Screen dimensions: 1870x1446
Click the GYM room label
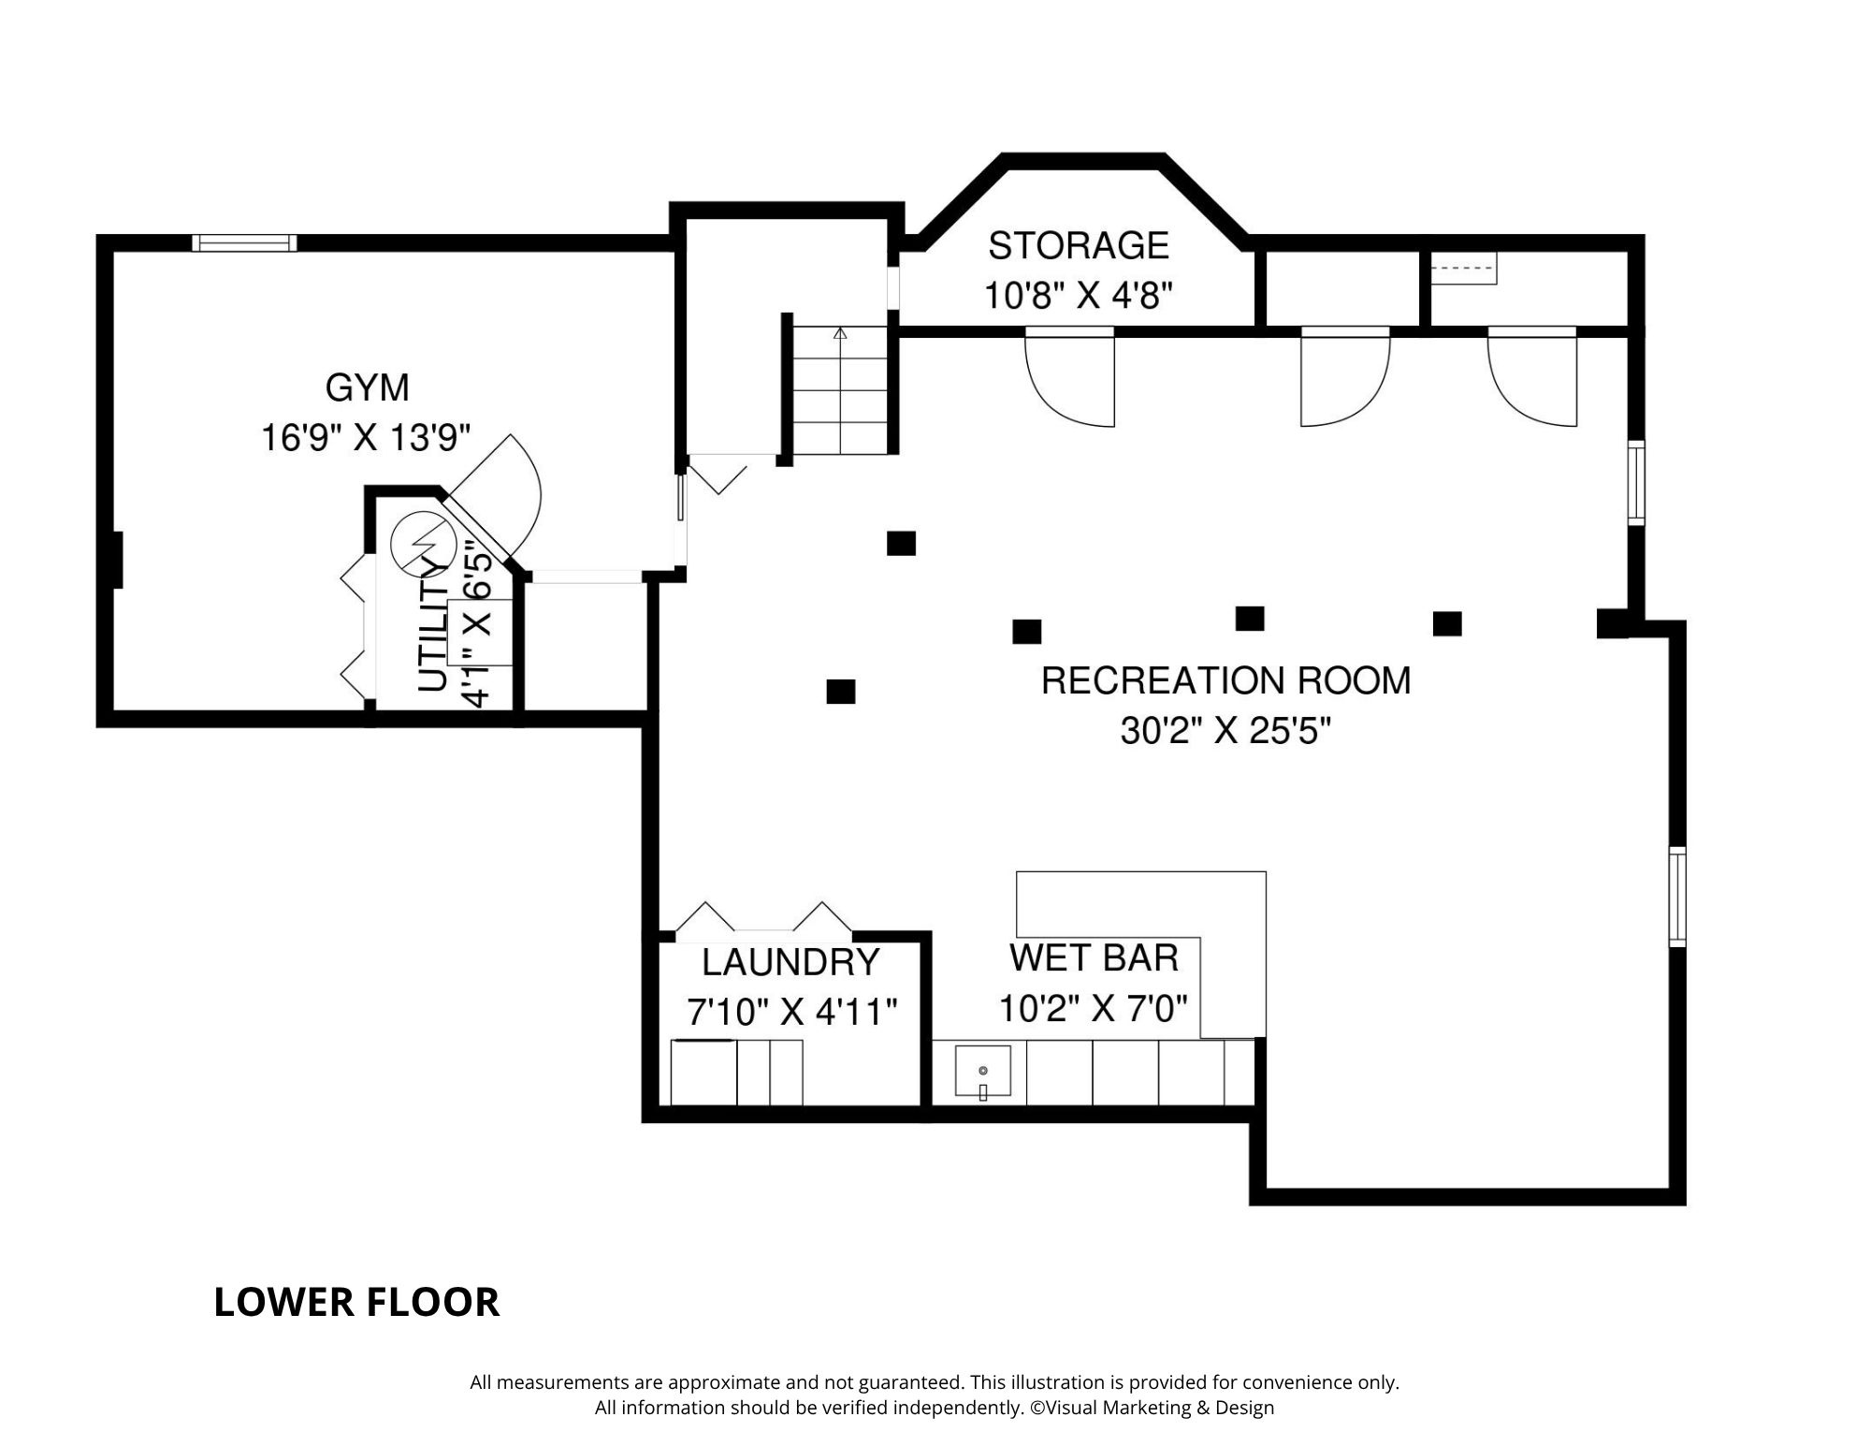(x=367, y=387)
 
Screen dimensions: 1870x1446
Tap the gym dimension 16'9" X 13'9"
(x=366, y=437)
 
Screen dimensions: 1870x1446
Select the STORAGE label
(x=1079, y=246)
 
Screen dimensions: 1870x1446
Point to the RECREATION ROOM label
(x=1225, y=680)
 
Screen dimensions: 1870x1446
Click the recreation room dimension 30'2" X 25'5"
(x=1225, y=730)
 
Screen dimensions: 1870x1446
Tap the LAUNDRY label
(x=790, y=962)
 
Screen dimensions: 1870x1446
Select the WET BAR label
(x=1094, y=958)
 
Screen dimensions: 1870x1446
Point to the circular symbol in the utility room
(x=420, y=544)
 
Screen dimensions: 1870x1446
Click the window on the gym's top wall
(x=244, y=243)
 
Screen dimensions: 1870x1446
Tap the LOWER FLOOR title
(x=356, y=1303)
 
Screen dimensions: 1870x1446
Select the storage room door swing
(x=1069, y=378)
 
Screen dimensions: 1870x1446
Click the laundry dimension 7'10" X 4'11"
(x=792, y=1012)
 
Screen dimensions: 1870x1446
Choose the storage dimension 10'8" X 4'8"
(x=1078, y=296)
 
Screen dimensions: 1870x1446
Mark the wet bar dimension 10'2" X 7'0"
(x=1094, y=1008)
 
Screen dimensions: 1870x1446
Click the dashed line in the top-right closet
(x=1464, y=268)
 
